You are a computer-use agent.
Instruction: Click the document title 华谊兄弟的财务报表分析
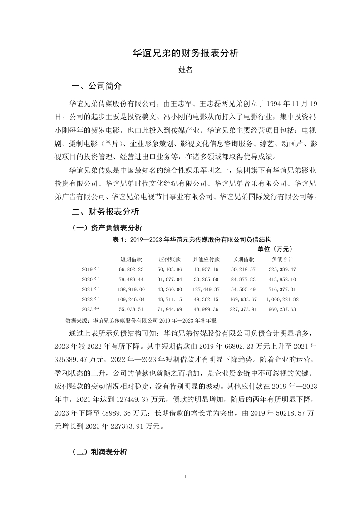(x=185, y=53)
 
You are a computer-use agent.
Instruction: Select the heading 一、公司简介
(x=97, y=86)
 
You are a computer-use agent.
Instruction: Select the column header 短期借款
(x=132, y=259)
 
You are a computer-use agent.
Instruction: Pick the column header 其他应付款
(x=206, y=259)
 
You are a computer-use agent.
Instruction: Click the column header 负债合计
(x=282, y=259)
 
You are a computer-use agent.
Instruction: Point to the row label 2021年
(x=90, y=289)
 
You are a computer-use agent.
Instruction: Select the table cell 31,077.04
(x=170, y=279)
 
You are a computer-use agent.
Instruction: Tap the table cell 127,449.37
(x=206, y=289)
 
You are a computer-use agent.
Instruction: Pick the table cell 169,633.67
(x=244, y=299)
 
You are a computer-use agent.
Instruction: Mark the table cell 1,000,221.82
(x=282, y=299)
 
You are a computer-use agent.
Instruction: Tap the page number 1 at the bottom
(x=186, y=477)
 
